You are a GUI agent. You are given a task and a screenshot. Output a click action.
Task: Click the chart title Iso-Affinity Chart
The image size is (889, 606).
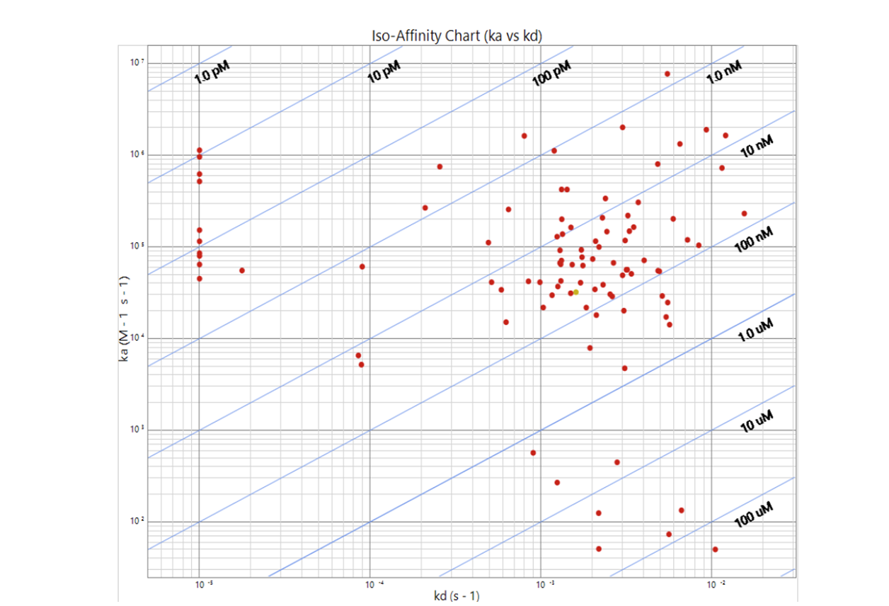click(x=457, y=36)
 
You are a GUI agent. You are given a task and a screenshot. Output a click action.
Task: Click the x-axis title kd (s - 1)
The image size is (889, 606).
click(x=457, y=595)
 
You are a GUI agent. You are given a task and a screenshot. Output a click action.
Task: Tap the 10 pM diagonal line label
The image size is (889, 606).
click(x=384, y=72)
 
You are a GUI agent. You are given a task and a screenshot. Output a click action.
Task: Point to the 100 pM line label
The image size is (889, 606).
click(x=551, y=73)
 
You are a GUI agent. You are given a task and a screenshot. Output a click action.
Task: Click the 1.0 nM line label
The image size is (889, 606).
click(x=724, y=73)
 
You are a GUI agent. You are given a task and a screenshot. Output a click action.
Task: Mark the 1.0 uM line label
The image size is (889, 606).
click(x=755, y=330)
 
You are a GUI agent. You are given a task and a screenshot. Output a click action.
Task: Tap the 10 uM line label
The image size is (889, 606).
click(x=755, y=420)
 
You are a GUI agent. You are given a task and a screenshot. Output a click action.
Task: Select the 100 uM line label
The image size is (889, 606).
click(x=753, y=514)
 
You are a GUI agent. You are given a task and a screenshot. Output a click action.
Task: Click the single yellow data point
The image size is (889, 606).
click(x=575, y=292)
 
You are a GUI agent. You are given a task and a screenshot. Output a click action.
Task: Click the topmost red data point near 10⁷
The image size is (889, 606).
click(x=667, y=74)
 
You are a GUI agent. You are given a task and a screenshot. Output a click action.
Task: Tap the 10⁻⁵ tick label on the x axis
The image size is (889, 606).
click(x=202, y=585)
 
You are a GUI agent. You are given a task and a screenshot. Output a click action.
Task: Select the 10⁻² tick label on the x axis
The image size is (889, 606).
click(x=715, y=585)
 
